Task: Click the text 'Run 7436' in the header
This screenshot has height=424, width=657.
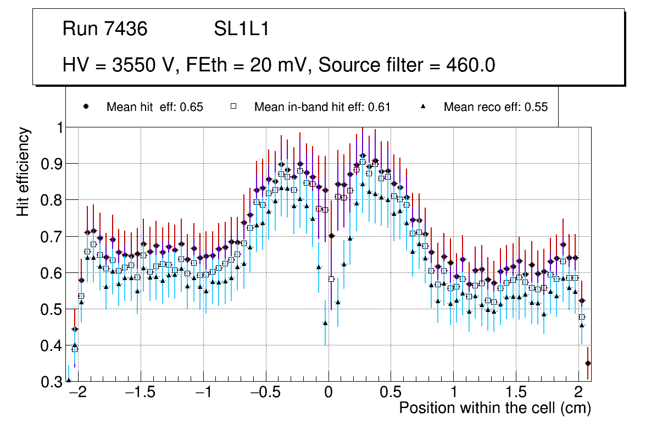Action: [x=105, y=29]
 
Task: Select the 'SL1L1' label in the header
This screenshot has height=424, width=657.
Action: [x=241, y=29]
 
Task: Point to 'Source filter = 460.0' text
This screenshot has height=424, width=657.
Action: [x=407, y=65]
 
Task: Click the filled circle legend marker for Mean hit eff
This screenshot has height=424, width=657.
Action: [x=86, y=107]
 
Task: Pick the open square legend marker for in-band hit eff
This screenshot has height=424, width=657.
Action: [x=233, y=107]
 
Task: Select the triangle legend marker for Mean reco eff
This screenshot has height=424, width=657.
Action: [x=423, y=107]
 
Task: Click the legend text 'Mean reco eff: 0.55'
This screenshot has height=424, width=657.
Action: [x=495, y=107]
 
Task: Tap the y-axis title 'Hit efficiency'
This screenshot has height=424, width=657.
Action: [x=24, y=171]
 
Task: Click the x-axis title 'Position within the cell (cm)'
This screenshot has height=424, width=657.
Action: [x=494, y=408]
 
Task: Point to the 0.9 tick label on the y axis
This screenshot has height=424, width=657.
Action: [x=52, y=164]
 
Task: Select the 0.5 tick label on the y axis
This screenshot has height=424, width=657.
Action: [x=52, y=309]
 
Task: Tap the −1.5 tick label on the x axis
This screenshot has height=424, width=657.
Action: [x=141, y=393]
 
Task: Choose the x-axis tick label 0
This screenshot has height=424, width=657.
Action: [x=328, y=393]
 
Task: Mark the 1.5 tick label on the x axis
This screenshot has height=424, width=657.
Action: [x=516, y=393]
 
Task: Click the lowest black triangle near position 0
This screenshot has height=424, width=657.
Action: [x=325, y=323]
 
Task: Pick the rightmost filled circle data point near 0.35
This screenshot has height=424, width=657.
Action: [x=588, y=363]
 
